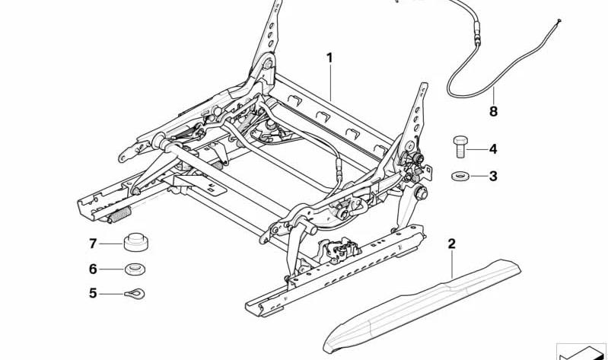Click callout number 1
(x=329, y=58)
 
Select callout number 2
(x=451, y=244)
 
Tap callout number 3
(x=493, y=177)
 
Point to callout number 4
(x=493, y=149)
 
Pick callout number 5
(x=94, y=293)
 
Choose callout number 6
(x=94, y=269)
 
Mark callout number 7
(x=94, y=244)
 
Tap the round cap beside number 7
(x=135, y=242)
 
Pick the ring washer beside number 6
(x=135, y=268)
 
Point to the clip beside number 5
(x=135, y=293)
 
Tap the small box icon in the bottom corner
(x=581, y=351)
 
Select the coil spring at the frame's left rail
(x=121, y=215)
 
